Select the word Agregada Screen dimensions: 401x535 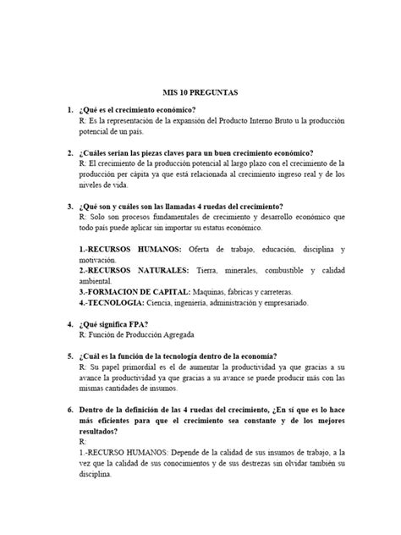tap(189, 337)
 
